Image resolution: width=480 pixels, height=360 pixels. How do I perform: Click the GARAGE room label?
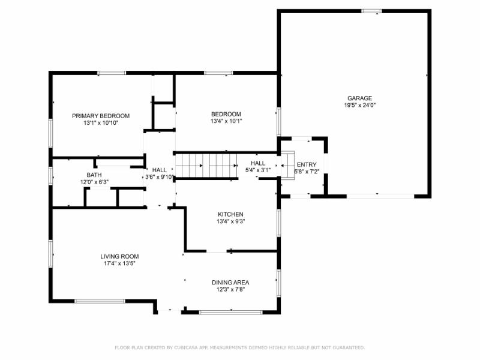[359, 98]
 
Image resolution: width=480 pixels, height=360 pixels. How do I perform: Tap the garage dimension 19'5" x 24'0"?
[359, 105]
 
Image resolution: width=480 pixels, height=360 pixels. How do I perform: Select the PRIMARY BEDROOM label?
[101, 116]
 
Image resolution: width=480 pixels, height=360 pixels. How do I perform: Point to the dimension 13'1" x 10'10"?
[101, 123]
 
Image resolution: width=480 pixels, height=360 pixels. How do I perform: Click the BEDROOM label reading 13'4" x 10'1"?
[226, 114]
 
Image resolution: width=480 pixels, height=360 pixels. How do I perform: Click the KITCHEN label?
[230, 214]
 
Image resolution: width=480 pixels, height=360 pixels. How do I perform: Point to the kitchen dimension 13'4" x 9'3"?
[230, 221]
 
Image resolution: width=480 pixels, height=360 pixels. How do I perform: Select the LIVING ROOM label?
[119, 256]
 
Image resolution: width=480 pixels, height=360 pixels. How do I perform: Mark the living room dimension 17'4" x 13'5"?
[119, 263]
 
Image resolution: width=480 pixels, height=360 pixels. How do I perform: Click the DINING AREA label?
[230, 283]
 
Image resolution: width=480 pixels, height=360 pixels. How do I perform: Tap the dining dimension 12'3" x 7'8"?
[230, 290]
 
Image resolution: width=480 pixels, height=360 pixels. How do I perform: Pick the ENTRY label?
[307, 165]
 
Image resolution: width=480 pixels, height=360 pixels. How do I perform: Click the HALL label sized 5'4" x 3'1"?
[258, 163]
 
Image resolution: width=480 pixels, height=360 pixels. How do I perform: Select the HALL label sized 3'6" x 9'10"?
[159, 170]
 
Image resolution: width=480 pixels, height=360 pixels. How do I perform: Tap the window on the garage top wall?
[371, 11]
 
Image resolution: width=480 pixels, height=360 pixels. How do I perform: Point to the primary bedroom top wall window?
[112, 73]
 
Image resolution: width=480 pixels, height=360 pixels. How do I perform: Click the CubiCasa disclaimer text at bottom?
[239, 347]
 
